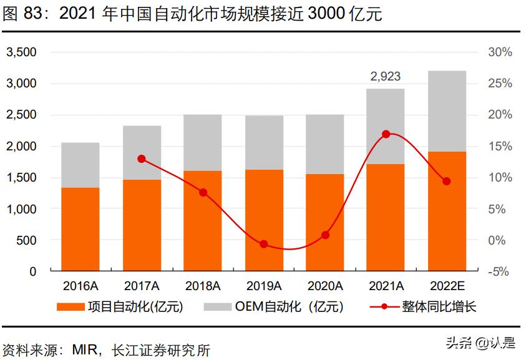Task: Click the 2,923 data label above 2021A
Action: click(x=385, y=76)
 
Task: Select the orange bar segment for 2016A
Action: click(x=80, y=229)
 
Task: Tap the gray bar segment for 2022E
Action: click(x=446, y=111)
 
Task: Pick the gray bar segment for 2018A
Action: click(x=202, y=142)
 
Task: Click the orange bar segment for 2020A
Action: click(x=324, y=222)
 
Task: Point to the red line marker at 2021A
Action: click(x=386, y=134)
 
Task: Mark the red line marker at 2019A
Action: click(x=263, y=244)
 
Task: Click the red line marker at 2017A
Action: click(x=141, y=158)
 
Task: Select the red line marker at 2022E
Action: click(x=446, y=181)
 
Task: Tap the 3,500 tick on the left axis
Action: click(x=21, y=52)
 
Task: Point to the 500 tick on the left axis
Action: click(x=27, y=240)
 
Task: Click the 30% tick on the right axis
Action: click(x=500, y=52)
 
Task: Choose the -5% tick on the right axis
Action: click(x=500, y=272)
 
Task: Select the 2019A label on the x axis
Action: click(x=263, y=286)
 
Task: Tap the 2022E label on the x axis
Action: click(x=446, y=286)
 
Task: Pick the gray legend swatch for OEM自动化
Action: click(x=218, y=306)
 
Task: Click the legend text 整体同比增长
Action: click(x=439, y=306)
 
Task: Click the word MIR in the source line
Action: click(x=85, y=350)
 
